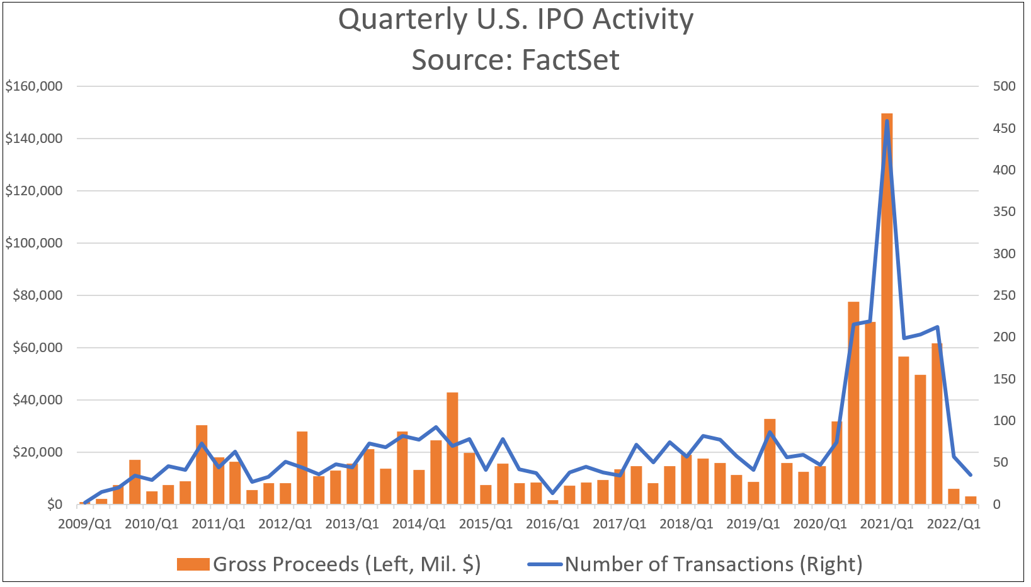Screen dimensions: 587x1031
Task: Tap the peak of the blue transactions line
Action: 887,121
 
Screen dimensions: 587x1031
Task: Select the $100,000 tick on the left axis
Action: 34,243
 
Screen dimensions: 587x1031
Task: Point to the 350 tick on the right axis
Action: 1004,212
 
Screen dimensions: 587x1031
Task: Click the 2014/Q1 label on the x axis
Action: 419,524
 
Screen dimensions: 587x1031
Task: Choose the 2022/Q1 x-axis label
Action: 954,524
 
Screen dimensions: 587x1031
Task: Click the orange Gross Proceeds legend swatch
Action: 193,564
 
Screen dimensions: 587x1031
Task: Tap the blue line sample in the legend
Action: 545,564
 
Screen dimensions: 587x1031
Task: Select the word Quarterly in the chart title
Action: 403,20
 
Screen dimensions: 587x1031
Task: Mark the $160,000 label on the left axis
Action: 34,86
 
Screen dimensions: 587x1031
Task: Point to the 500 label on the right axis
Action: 1004,86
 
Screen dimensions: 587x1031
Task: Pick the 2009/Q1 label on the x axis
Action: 85,524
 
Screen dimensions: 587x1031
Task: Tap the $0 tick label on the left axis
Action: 54,504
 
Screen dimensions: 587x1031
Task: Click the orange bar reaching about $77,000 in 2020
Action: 853,403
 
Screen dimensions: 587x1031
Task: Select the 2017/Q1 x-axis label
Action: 619,524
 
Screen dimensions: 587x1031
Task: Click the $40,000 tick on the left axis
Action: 37,400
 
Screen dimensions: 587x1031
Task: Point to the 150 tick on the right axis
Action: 1004,379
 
